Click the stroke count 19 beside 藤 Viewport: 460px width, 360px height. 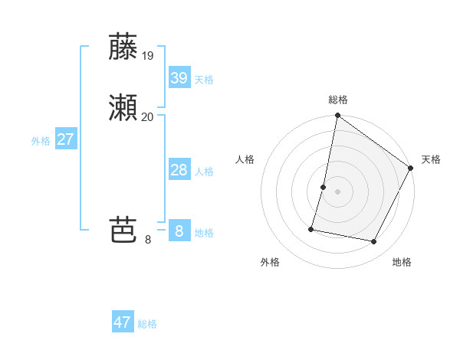pyautogui.click(x=148, y=56)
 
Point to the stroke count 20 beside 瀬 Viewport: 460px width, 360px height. pyautogui.click(x=148, y=116)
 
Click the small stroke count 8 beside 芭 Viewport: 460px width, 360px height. pyautogui.click(x=148, y=240)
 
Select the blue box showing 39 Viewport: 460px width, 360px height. pyautogui.click(x=179, y=77)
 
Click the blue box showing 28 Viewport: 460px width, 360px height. pyautogui.click(x=179, y=170)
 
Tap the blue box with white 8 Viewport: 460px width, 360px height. pyautogui.click(x=179, y=231)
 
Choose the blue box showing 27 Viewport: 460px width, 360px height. pyautogui.click(x=65, y=139)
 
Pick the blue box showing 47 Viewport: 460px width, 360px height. pyautogui.click(x=123, y=322)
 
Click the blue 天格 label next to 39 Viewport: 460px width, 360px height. pyautogui.click(x=204, y=80)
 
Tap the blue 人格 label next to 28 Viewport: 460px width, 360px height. pyautogui.click(x=204, y=172)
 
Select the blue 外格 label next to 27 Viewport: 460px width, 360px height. pyautogui.click(x=41, y=141)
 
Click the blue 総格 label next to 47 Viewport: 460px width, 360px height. pyautogui.click(x=147, y=324)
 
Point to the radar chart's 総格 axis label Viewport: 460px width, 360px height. pyautogui.click(x=337, y=100)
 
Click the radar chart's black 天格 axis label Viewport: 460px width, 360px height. pyautogui.click(x=431, y=159)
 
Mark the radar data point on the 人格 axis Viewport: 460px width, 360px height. pyautogui.click(x=324, y=187)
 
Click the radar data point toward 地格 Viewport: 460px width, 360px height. pyautogui.click(x=374, y=242)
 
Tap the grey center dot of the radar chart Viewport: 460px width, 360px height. pyautogui.click(x=337, y=191)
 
